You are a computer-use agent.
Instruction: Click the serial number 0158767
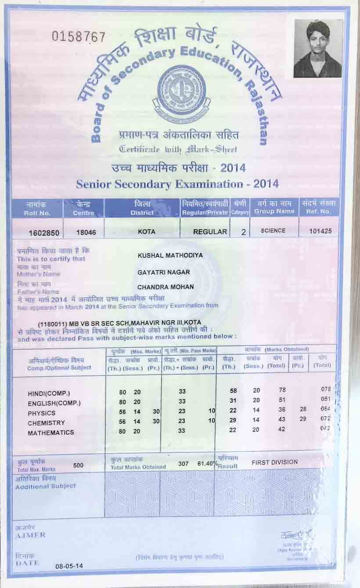click(79, 37)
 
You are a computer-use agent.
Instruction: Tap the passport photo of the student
click(317, 49)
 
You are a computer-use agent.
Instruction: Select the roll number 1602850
click(43, 233)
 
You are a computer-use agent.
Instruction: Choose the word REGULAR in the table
click(210, 231)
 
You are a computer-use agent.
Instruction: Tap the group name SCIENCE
click(273, 231)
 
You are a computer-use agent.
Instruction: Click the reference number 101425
click(320, 231)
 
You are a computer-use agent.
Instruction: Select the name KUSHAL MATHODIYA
click(170, 255)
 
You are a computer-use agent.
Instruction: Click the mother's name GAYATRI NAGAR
click(164, 272)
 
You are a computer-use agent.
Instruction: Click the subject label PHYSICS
click(42, 413)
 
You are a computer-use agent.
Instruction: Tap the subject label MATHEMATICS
click(51, 433)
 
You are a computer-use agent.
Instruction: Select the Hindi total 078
click(325, 390)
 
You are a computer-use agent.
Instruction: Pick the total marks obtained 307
click(184, 464)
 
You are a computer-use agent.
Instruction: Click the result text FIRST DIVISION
click(274, 462)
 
